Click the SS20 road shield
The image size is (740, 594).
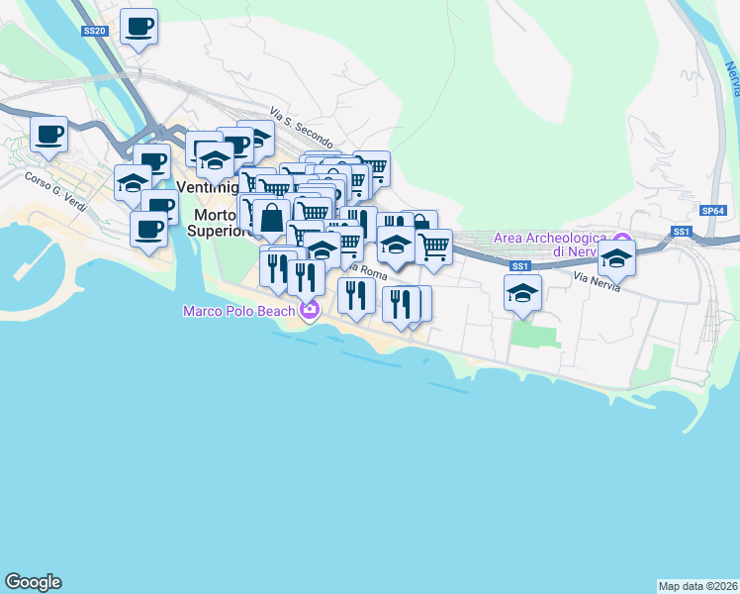point(94,32)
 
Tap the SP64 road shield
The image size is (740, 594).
point(712,211)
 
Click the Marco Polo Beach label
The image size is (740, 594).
point(238,311)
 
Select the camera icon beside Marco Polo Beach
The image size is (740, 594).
point(311,311)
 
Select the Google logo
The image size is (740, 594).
point(33,582)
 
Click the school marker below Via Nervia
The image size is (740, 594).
point(522,292)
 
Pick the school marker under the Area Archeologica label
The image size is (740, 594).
point(616,260)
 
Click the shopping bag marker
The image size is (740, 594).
point(271,217)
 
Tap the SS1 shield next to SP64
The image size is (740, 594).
point(680,232)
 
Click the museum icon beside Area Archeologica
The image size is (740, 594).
point(622,241)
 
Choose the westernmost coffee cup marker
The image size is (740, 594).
point(48,134)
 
